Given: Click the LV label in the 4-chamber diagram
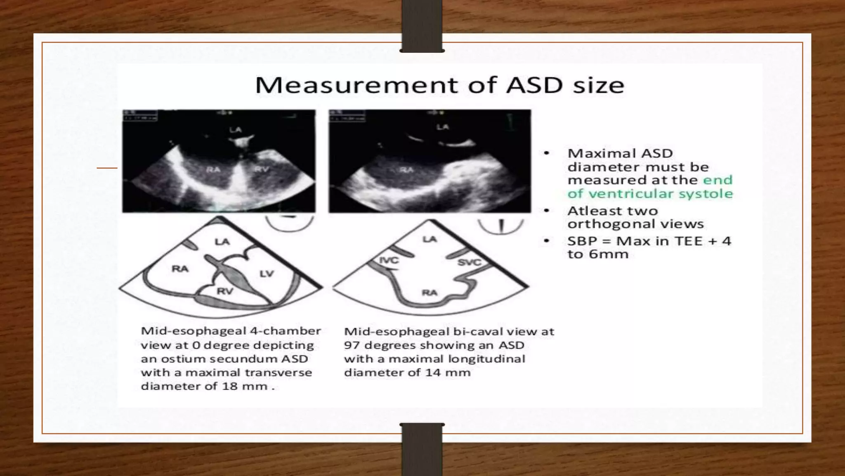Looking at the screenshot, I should pos(267,274).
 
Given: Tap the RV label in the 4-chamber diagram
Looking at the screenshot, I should pos(225,291).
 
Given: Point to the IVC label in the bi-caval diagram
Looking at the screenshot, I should pos(389,260).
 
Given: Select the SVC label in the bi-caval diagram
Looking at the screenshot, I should pos(469,262).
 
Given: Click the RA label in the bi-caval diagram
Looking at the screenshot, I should pos(429,293).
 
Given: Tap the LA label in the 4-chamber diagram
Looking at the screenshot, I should pos(222,242).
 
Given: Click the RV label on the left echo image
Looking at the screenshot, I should pos(261,169).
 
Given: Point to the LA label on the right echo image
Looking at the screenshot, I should pos(442,127).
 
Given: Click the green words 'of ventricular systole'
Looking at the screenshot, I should pos(650,193).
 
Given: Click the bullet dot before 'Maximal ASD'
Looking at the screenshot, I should pos(547,153).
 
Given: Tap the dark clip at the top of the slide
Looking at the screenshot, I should pos(422,26).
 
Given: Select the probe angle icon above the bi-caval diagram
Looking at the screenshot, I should pos(501,226).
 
